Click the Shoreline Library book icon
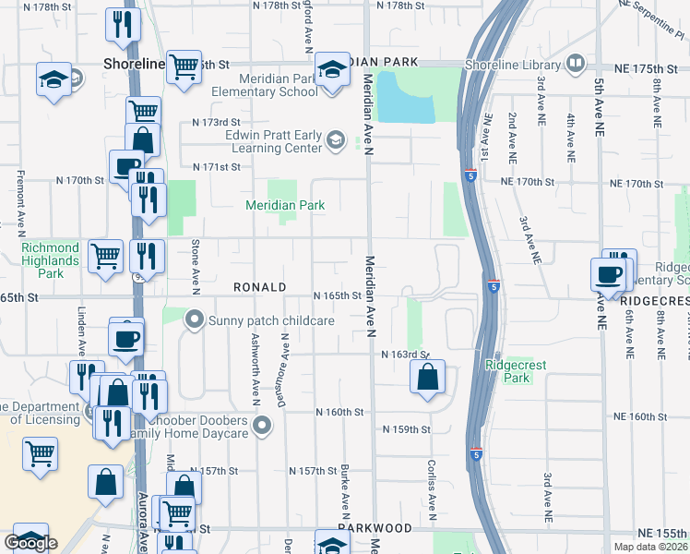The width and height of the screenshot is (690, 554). coord(576,64)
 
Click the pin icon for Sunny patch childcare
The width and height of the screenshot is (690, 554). coord(195,320)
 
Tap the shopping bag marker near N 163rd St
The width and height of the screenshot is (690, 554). coord(427,377)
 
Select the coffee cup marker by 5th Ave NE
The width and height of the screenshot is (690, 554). coord(609,274)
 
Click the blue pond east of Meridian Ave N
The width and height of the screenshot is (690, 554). coord(406,98)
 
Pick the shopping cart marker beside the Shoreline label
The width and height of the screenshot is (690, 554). coord(184,66)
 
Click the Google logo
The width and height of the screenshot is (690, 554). coord(30,543)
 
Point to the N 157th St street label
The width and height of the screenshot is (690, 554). coord(314,471)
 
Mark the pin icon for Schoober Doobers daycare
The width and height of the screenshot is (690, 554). coord(263,426)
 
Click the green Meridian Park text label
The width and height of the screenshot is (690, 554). coord(285,205)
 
